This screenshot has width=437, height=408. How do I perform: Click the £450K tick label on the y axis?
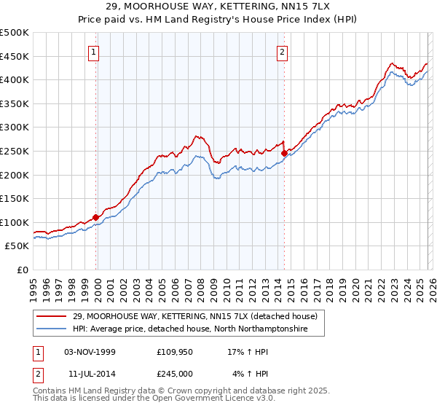coord(15,56)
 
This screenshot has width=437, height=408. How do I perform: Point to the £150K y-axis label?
coord(15,198)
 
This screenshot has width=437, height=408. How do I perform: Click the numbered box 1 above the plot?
coord(95,52)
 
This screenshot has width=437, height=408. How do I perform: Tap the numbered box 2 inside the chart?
coord(282,52)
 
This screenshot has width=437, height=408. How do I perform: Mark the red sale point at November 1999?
coord(96,217)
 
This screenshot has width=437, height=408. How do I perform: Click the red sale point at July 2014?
coord(284,154)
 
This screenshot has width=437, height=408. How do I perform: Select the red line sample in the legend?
coord(52,317)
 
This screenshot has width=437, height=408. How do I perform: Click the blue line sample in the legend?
coord(52,329)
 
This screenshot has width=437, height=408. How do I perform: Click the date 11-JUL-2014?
coord(90,374)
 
